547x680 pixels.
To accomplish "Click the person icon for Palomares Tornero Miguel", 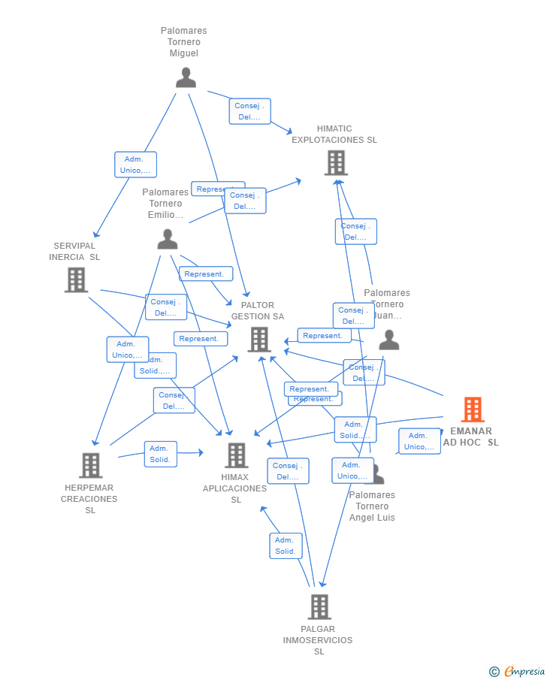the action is (186, 77).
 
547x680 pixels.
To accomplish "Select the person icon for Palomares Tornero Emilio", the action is (168, 239).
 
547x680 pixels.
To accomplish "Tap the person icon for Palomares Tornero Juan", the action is (389, 340).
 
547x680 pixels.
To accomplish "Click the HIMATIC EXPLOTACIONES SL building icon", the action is (335, 162).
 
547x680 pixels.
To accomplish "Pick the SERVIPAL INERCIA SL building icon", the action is (76, 280).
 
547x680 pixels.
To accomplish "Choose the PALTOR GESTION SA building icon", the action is (259, 340).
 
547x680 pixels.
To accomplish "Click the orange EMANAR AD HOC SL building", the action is (472, 410).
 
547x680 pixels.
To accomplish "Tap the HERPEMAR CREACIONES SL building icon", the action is (90, 465).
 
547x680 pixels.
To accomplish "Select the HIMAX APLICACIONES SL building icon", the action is (236, 455).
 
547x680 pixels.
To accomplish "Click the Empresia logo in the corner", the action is (518, 671).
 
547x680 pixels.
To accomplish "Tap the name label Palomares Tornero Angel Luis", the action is (372, 506).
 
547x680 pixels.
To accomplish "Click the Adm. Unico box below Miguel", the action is (135, 165).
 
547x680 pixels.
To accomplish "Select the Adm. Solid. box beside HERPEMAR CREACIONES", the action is (160, 454).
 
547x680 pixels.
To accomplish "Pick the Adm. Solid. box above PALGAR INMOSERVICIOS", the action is (286, 546).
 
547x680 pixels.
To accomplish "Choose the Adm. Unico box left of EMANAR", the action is (419, 441).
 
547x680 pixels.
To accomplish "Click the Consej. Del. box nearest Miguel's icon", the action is (249, 111).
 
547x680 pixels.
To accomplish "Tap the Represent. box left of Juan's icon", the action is (324, 336).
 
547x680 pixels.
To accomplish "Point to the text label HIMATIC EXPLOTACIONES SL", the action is (334, 134).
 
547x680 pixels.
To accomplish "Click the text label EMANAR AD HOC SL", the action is (471, 437).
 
